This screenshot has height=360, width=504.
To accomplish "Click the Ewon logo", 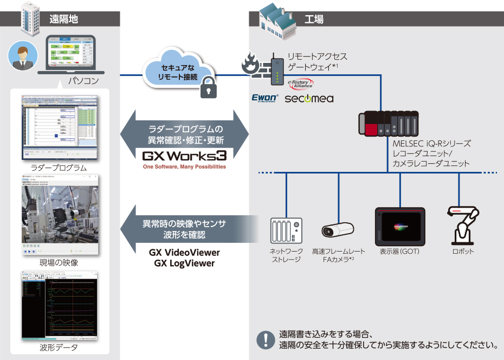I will coord(264,98).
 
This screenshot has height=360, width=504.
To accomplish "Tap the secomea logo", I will coord(309,99).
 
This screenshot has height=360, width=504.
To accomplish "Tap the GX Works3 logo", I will coord(184,156).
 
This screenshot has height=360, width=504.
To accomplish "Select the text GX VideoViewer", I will coord(184,253).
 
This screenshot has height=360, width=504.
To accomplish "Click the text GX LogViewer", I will coord(184,263).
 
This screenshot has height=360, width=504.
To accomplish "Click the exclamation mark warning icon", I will coord(265,339).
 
